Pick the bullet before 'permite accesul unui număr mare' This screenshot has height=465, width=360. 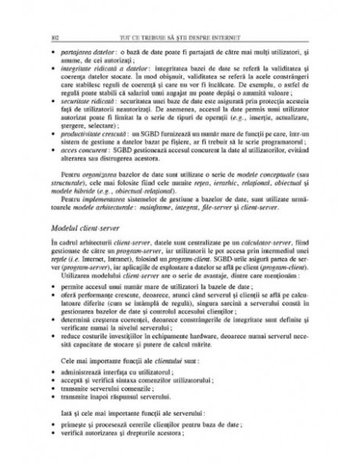pos(53,283)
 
